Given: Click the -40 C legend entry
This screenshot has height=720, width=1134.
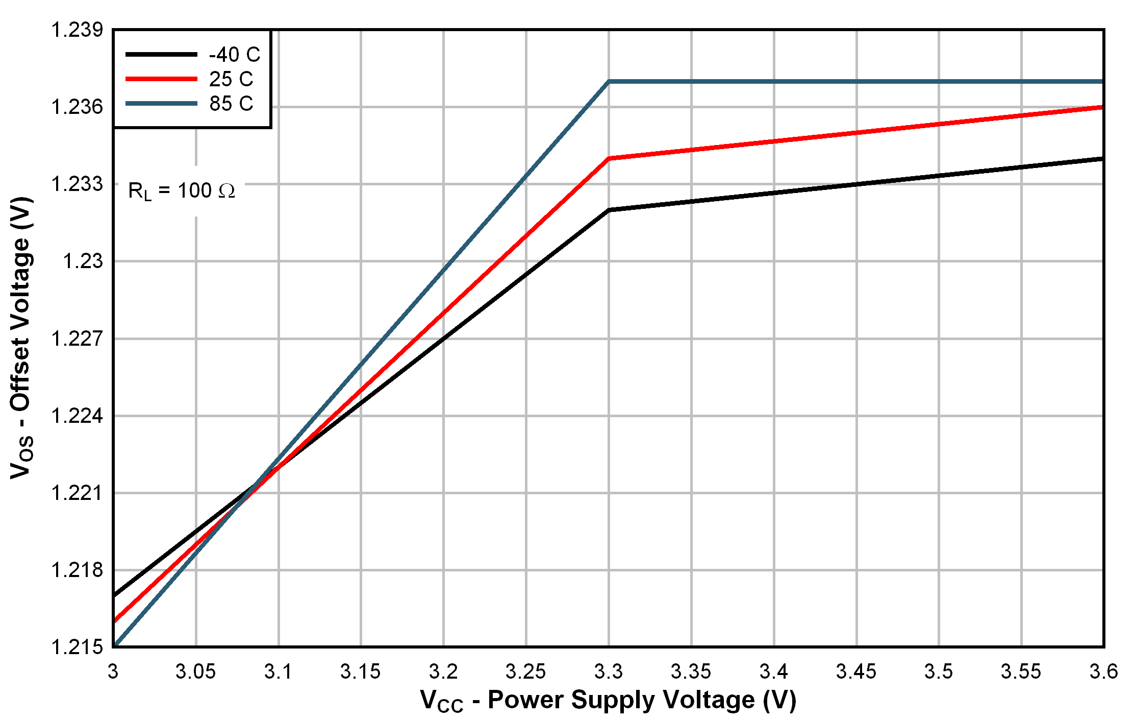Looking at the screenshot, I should pos(234,55).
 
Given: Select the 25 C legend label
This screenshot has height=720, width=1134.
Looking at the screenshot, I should pos(231,79).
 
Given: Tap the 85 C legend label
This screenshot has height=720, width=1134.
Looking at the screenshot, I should pos(231,104).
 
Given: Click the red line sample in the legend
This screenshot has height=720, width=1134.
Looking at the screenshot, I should pos(161,79).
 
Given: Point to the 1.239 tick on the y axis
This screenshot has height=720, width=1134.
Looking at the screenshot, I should pos(77,30).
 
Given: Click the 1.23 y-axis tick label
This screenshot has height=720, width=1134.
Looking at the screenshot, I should pos(83,261).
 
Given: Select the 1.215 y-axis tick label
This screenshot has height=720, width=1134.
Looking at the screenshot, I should pos(77,647).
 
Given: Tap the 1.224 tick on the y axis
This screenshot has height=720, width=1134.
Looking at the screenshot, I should pos(77,416).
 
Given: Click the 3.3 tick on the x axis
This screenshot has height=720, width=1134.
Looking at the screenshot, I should pos(609,671).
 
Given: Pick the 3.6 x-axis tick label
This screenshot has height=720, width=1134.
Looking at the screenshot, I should pos(1103,671).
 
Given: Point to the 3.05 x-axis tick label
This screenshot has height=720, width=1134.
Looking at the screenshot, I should pos(195,671).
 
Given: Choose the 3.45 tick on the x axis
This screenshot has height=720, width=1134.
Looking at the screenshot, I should pos(856,671).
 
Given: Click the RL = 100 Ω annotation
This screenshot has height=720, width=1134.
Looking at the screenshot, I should pos(182,191).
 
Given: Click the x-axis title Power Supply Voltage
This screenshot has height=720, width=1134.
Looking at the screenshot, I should pos(608,700).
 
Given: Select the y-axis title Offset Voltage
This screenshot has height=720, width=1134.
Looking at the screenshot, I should pos(21,337).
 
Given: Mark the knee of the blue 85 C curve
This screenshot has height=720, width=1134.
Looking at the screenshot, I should pos(609,81).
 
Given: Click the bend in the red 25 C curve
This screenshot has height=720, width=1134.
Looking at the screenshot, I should pos(609,158).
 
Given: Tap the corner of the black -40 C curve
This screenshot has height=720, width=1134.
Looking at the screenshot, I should pos(609,210).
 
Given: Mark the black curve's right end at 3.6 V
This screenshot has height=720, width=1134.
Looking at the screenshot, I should pos(1102,159).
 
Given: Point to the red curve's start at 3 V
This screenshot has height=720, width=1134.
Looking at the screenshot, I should pos(115,621).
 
